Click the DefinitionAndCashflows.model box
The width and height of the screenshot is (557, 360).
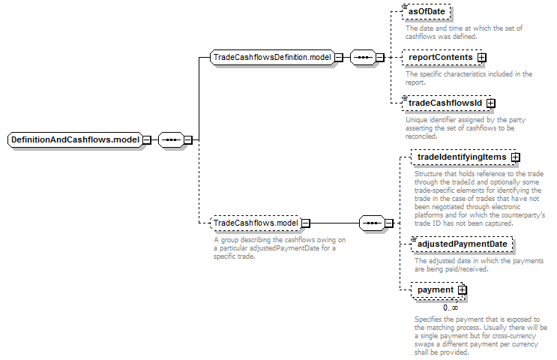click(75, 139)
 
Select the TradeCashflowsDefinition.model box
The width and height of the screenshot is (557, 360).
click(272, 57)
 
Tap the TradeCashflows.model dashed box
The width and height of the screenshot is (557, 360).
click(256, 223)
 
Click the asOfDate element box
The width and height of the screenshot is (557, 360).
click(427, 11)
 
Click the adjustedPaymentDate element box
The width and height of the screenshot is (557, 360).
click(462, 244)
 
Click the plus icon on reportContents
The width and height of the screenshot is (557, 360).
click(482, 58)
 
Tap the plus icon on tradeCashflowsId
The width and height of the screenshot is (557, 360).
click(490, 103)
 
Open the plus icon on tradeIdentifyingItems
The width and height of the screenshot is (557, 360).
click(516, 157)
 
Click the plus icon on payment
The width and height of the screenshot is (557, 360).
click(462, 290)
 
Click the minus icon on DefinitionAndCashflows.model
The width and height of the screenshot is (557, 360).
click(147, 140)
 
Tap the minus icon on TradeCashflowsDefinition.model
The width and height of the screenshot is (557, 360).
click(339, 57)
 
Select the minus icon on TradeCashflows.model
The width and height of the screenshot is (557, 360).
click(306, 223)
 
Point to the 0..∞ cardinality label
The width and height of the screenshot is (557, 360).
click(451, 307)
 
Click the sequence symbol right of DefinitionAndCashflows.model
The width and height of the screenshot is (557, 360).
click(171, 139)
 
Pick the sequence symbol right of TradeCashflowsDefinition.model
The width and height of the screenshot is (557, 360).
click(363, 57)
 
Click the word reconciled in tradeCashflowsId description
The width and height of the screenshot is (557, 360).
click(421, 136)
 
